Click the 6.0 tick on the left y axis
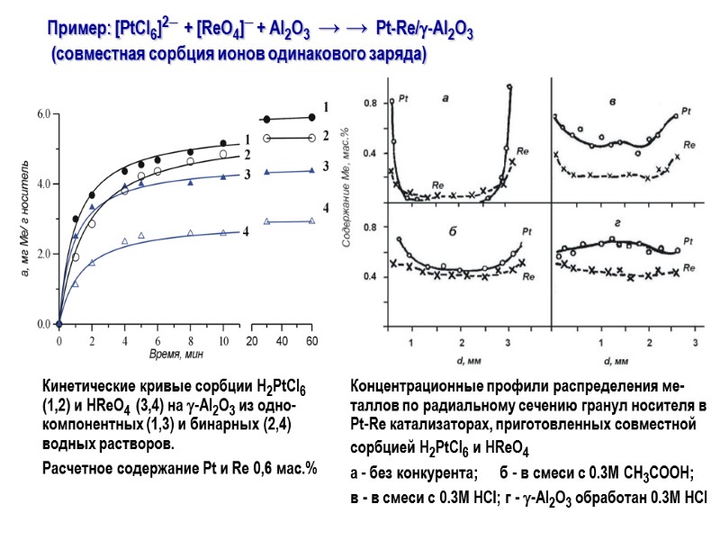(42, 115)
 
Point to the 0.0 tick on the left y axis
(42, 324)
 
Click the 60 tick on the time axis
(311, 342)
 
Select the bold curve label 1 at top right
(326, 106)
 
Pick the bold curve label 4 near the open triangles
(326, 208)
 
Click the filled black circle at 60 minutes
(311, 117)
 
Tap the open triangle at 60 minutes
(311, 220)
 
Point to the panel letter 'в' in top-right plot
(612, 101)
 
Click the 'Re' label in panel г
(688, 266)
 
